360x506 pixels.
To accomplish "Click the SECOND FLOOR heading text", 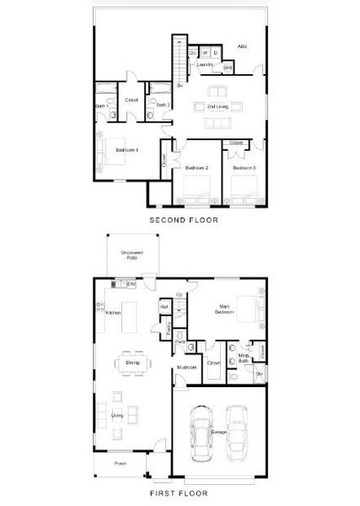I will click(183, 220).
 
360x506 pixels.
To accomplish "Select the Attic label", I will click(242, 46).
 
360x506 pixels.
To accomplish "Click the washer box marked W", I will click(205, 54).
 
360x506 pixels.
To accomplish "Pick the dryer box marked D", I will click(216, 54).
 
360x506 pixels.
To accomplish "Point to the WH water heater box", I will click(228, 67).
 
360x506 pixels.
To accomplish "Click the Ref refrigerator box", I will click(165, 306).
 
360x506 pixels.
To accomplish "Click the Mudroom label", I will click(186, 369).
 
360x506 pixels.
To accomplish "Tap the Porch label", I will click(121, 463).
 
